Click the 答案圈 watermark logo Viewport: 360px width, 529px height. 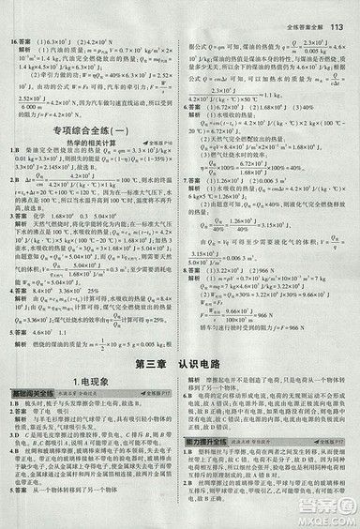pos(322,496)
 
